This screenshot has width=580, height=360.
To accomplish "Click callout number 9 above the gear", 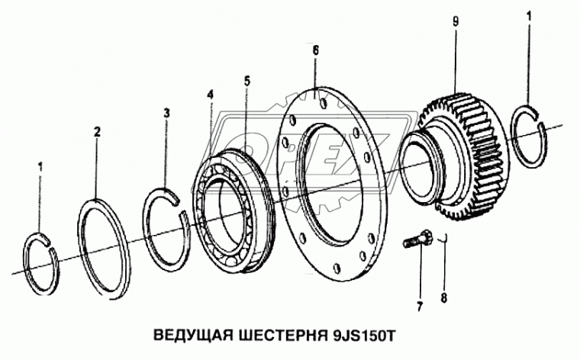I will [455, 22].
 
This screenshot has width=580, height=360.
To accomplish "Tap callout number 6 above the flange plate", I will [315, 50].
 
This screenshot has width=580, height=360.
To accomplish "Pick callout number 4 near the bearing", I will [210, 95].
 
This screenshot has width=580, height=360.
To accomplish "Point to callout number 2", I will [97, 132].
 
